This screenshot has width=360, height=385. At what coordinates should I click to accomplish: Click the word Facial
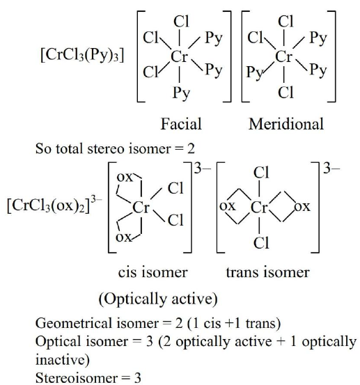pos(181,124)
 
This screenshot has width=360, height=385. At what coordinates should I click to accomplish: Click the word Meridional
pos(286,124)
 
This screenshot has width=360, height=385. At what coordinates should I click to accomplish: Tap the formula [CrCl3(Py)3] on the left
pos(82,55)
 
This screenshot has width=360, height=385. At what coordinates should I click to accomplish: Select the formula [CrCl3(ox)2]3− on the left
pos(54,206)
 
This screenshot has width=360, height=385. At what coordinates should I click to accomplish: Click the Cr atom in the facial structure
pos(179,56)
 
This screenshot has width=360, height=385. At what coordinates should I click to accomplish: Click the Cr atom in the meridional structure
pos(284,56)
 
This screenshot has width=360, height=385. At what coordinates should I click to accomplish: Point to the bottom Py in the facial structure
pos(182,93)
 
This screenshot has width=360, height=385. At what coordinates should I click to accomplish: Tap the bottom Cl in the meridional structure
pos(285,93)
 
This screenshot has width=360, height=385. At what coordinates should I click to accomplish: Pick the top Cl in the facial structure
pos(181,22)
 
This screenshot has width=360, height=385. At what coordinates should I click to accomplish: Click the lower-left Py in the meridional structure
pos(255,72)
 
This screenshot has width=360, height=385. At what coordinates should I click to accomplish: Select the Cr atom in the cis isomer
pos(141,207)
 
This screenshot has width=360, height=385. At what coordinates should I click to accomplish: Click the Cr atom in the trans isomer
pos(259,207)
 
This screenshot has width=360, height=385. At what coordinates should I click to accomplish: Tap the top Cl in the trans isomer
pos(261,173)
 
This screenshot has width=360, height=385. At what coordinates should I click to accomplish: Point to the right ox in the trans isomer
pos(302,207)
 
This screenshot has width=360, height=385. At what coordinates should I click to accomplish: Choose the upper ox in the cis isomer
pos(125,177)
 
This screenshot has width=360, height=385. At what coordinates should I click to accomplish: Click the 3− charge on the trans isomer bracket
pos(331,168)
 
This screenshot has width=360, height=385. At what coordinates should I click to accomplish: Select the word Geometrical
pos(74,323)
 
